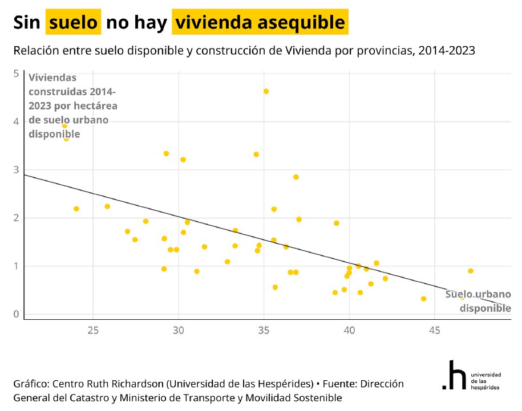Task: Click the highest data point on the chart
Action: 266,91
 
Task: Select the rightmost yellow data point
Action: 471,271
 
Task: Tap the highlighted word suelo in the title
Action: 74,22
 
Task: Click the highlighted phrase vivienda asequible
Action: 260,22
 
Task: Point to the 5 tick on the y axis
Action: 16,73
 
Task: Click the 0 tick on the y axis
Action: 16,314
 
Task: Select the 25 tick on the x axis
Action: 93,329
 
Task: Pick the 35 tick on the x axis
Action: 264,329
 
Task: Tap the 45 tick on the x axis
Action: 434,329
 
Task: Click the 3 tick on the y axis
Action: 16,170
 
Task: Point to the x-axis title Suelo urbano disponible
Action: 478,302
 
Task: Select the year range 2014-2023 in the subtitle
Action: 447,51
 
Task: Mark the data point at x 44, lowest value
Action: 423,299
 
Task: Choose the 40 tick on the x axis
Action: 349,329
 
